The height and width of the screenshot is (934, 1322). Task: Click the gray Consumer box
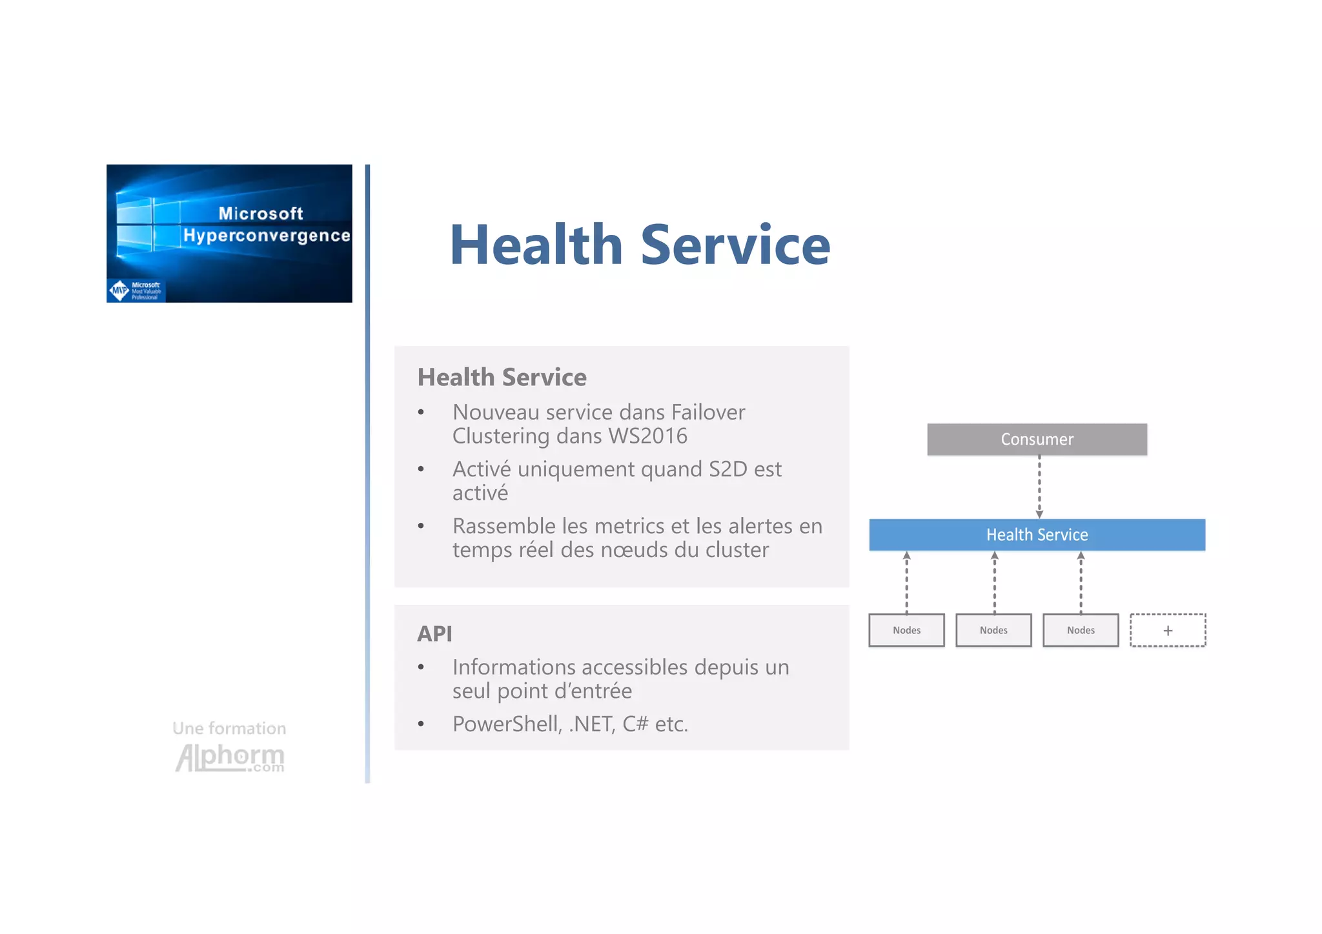pos(1037,439)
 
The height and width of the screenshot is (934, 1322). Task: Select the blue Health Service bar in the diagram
pos(1037,534)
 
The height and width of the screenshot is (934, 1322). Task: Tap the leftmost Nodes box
pos(906,630)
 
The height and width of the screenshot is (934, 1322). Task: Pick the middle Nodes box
pos(993,630)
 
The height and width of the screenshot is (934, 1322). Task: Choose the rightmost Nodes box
pos(1081,630)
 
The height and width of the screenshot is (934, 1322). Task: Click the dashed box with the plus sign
pos(1168,630)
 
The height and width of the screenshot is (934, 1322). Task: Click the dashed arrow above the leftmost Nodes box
pos(906,582)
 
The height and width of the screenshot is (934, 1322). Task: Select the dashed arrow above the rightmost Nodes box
pos(1081,582)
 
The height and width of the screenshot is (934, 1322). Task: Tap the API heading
pos(434,634)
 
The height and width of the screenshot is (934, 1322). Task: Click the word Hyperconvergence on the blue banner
pos(266,236)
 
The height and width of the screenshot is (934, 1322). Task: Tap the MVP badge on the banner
pos(120,290)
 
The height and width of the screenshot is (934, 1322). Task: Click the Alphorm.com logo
pos(230,758)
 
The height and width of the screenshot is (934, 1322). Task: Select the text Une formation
pos(229,728)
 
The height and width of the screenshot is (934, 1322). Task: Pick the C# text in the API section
pos(635,724)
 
